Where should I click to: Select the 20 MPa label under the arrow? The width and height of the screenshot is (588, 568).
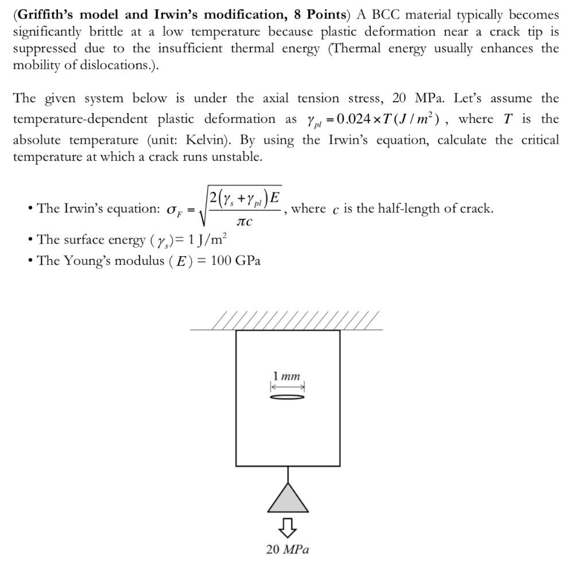[x=288, y=550]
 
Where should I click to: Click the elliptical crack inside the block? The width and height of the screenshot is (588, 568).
[x=287, y=397]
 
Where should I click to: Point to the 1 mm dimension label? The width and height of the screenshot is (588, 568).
[x=287, y=377]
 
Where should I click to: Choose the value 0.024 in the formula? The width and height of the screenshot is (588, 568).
[x=357, y=119]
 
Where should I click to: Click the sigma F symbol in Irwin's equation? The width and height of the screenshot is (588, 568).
[x=173, y=209]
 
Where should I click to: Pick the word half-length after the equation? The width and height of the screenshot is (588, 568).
[x=406, y=208]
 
